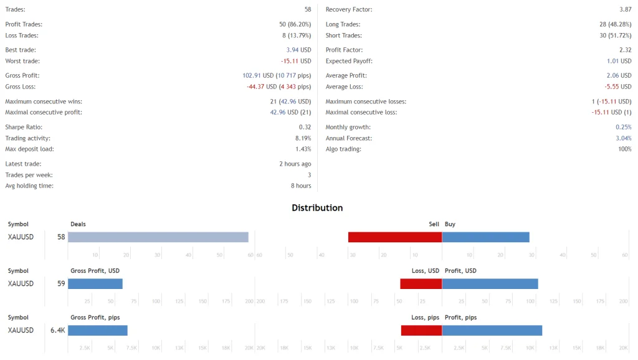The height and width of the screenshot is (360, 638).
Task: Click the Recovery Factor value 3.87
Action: point(626,10)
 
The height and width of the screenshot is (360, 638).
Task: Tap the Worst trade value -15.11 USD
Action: point(296,61)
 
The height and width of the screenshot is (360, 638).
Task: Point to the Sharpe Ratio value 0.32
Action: point(305,127)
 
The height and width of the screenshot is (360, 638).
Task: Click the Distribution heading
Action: point(317,208)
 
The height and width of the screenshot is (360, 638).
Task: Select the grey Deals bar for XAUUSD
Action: point(158,237)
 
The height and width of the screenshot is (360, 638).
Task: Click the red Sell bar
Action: point(394,237)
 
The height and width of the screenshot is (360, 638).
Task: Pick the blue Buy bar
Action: point(485,237)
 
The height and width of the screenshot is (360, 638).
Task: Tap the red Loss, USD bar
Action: point(421,283)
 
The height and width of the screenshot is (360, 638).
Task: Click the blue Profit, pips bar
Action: point(492,330)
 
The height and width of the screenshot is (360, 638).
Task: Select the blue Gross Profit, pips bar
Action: point(97,330)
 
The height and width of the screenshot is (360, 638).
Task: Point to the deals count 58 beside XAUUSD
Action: point(61,237)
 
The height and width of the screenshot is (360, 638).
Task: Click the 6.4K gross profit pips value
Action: point(58,330)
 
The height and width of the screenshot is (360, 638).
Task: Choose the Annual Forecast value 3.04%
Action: point(623,138)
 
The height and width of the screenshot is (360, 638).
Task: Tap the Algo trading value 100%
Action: point(624,149)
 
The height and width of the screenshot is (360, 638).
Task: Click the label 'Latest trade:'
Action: point(23,164)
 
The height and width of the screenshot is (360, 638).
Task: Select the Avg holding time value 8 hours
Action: point(301,186)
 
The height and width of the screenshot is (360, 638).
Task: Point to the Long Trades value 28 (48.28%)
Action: point(615,24)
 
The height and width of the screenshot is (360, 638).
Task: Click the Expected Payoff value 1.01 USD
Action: point(619,61)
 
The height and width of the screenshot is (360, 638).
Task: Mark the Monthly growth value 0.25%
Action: point(623,127)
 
